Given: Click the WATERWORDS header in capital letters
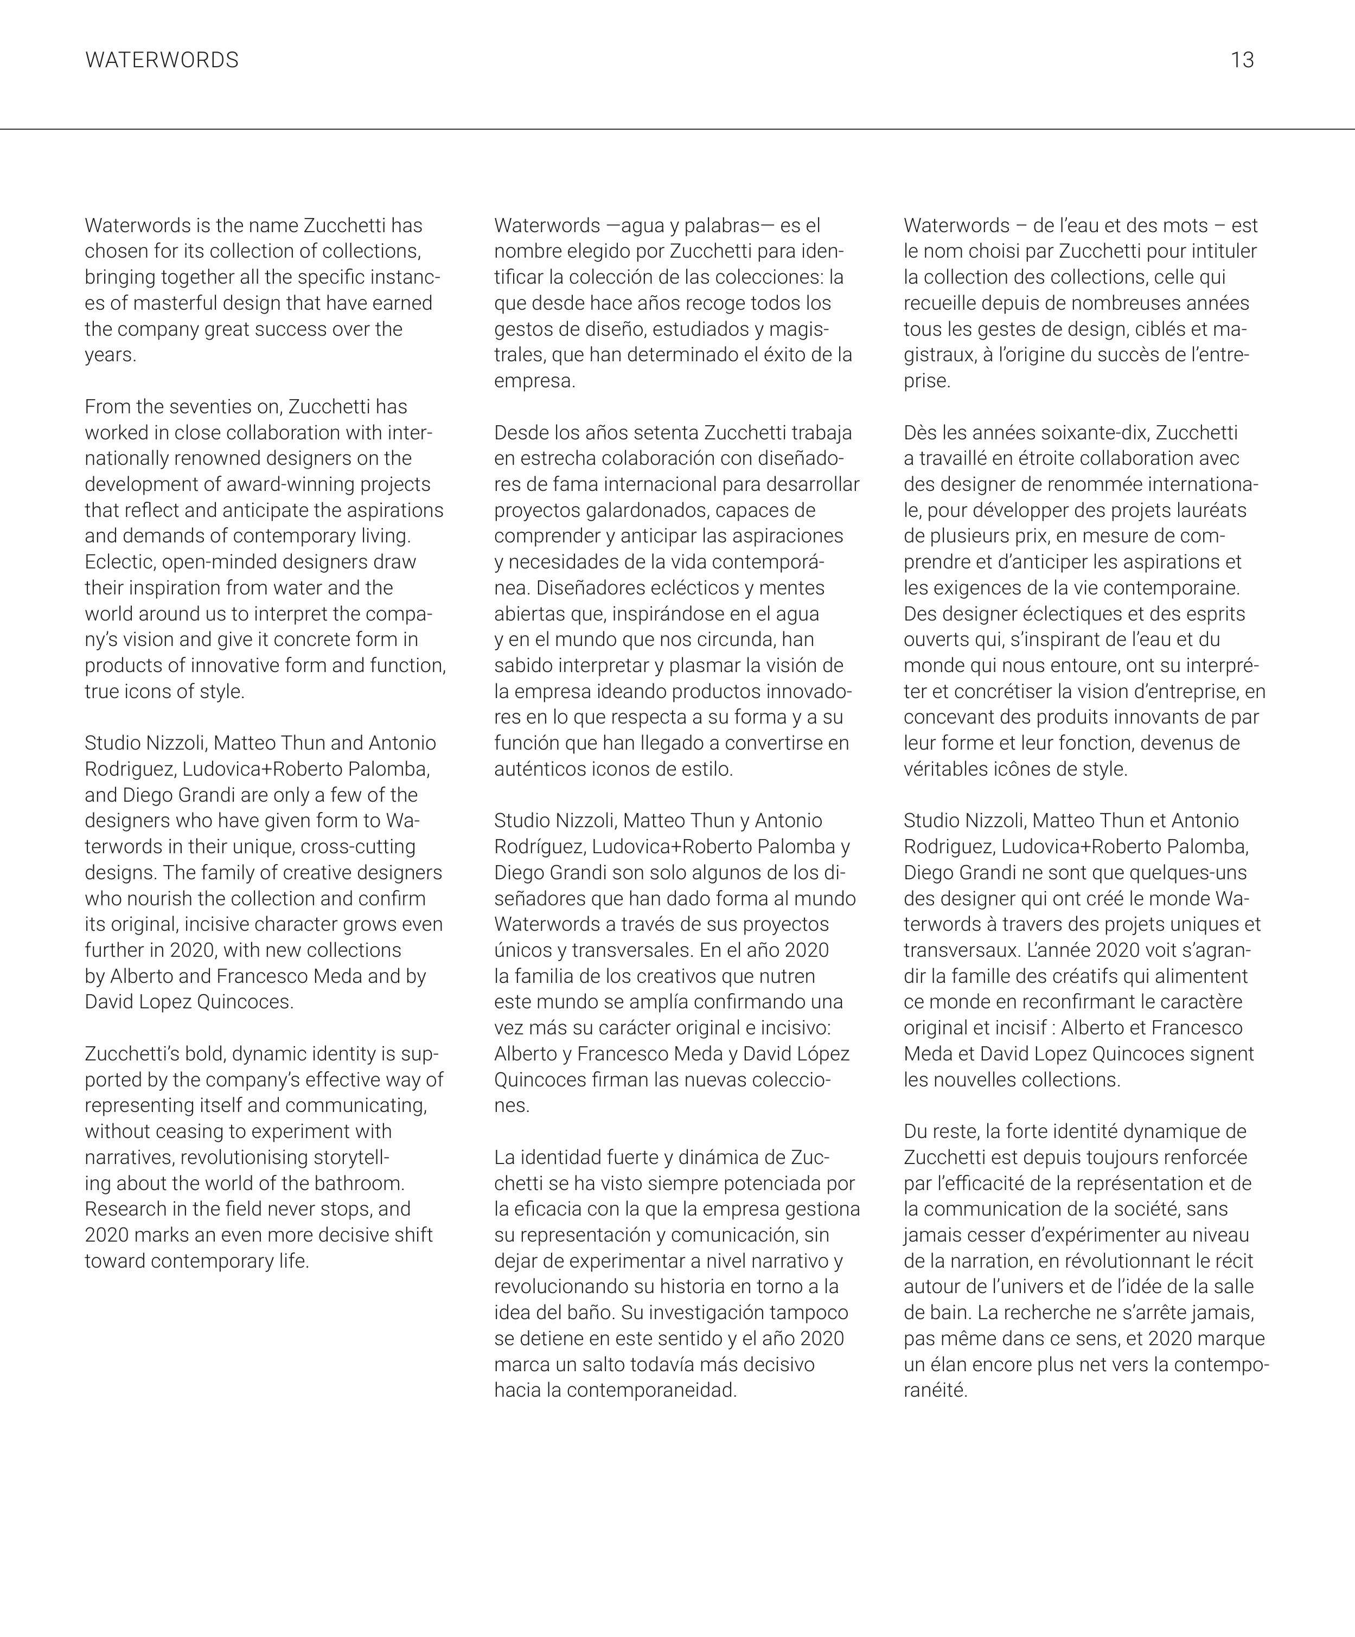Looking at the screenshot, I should tap(162, 60).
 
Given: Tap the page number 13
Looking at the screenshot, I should tap(1242, 60).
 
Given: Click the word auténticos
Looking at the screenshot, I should tap(535, 769).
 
